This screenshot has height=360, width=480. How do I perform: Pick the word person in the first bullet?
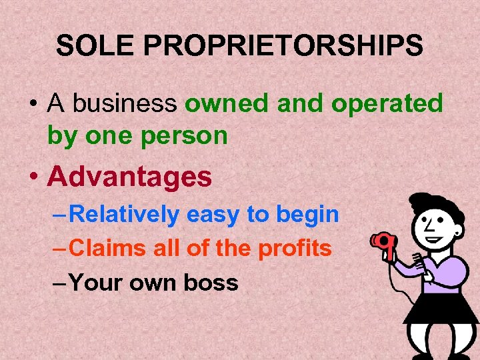[189, 135]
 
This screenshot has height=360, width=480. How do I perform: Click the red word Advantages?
[130, 177]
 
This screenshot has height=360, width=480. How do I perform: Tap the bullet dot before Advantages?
[34, 177]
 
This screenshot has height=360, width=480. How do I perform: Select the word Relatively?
[124, 215]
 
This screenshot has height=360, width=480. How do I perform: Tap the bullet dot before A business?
[34, 105]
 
